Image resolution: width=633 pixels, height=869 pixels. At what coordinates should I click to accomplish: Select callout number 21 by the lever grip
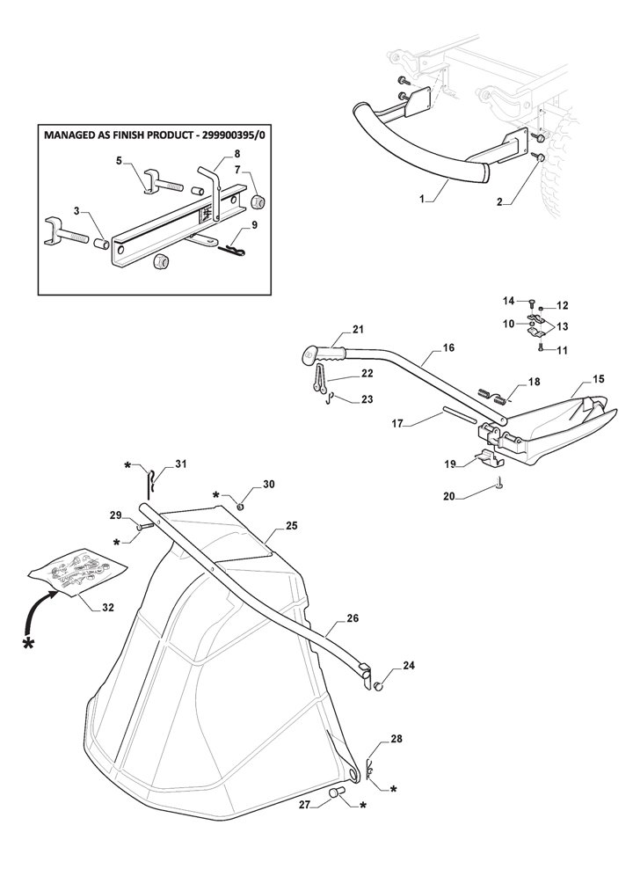tap(358, 330)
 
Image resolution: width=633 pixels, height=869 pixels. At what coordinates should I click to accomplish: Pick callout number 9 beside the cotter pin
tap(254, 225)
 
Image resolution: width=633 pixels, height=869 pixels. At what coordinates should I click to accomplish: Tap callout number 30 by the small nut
tap(268, 485)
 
